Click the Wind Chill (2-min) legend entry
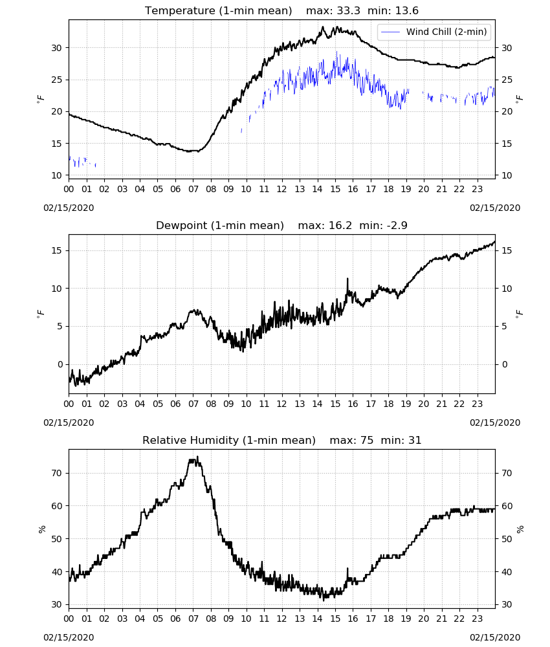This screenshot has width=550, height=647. click(434, 32)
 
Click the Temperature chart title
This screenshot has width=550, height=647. click(218, 10)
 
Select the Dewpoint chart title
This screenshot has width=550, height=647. click(220, 225)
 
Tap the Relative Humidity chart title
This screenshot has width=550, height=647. click(229, 440)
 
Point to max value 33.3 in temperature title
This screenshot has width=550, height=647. click(348, 10)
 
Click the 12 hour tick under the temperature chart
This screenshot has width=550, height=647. click(282, 190)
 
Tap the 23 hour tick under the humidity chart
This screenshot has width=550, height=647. click(478, 619)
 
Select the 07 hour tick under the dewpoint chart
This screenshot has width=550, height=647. click(193, 404)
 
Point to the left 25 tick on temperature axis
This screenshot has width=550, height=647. click(56, 80)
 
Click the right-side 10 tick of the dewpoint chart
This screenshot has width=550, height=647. click(507, 289)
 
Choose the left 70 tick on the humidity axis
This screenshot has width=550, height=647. click(56, 473)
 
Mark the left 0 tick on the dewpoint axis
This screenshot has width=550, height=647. click(60, 365)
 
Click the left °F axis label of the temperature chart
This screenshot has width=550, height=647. click(40, 98)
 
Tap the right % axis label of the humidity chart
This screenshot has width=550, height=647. click(520, 529)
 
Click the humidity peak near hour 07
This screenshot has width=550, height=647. click(197, 456)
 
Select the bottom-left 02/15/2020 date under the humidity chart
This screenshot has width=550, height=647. click(69, 637)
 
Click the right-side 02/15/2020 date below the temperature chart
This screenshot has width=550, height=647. click(495, 208)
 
